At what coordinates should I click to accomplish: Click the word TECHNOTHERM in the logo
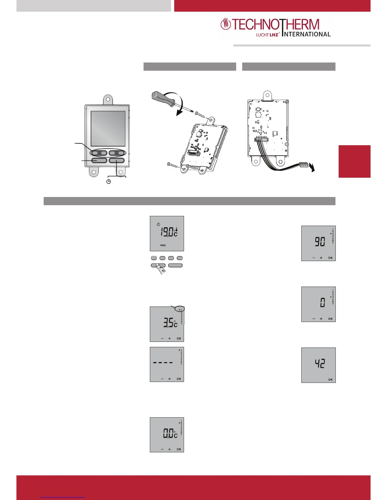click(x=276, y=25)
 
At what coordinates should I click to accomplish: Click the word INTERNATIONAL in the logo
click(x=307, y=34)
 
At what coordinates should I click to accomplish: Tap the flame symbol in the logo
click(x=225, y=24)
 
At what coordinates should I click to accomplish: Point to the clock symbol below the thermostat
click(x=108, y=182)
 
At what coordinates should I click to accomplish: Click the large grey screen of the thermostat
click(x=108, y=128)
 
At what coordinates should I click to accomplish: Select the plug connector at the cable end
click(x=304, y=165)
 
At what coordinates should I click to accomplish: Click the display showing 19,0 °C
click(x=167, y=233)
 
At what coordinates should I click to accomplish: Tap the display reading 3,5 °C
click(x=167, y=324)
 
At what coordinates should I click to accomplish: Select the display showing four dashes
click(x=167, y=364)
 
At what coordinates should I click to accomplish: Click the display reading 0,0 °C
click(x=167, y=435)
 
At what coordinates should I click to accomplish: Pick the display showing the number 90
click(x=318, y=243)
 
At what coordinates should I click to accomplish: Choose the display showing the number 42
click(x=318, y=365)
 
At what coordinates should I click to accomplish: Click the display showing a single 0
click(x=318, y=304)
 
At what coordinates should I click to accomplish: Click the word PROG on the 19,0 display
click(x=163, y=245)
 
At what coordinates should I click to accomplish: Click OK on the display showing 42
click(x=330, y=380)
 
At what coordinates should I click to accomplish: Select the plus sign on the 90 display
click(x=321, y=258)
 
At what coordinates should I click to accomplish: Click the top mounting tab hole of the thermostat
click(x=108, y=99)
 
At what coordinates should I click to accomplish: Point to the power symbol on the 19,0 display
click(x=158, y=224)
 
